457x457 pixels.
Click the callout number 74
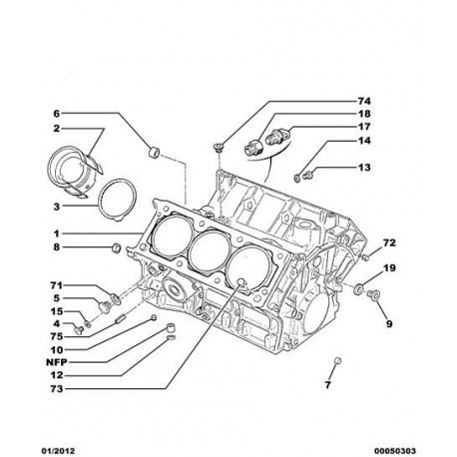click(x=364, y=101)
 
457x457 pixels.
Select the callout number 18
click(x=364, y=114)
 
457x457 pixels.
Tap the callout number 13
click(x=364, y=167)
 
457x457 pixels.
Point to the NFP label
click(x=56, y=362)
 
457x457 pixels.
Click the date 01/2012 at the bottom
click(x=58, y=451)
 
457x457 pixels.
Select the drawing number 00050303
click(x=395, y=451)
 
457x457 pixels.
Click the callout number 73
click(x=57, y=388)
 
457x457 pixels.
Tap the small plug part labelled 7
click(x=337, y=360)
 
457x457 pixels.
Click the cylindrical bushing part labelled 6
click(x=154, y=152)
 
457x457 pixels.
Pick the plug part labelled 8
click(x=116, y=247)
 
